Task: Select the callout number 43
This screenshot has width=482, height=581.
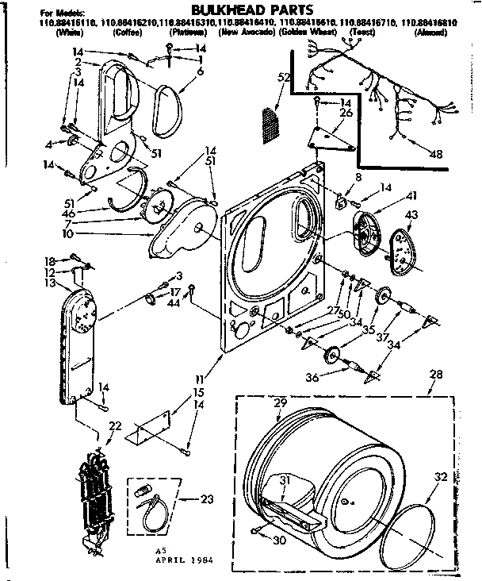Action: [x=411, y=216]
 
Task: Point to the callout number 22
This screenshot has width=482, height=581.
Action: [x=115, y=427]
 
